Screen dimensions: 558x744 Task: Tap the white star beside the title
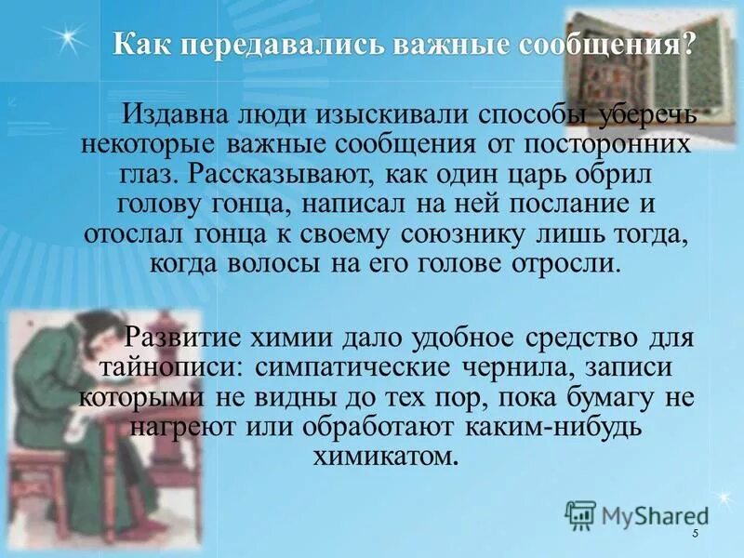[66, 39]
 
